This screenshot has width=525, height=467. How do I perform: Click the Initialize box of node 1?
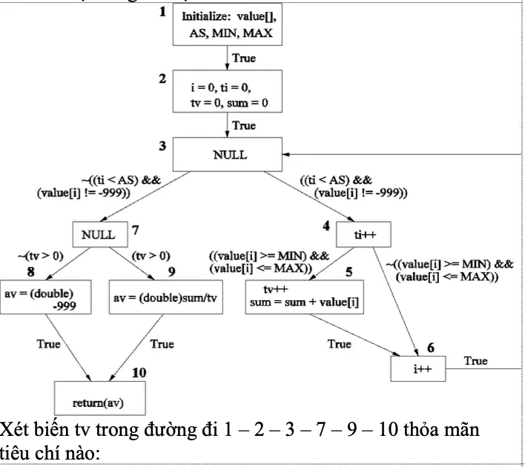click(228, 24)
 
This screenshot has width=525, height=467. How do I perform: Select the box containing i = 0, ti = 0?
click(228, 91)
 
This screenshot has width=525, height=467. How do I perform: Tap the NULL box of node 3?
click(228, 154)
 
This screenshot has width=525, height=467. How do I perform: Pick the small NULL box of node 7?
click(100, 234)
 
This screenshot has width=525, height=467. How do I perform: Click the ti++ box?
click(363, 234)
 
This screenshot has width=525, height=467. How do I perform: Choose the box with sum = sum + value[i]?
click(304, 297)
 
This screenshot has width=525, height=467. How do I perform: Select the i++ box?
click(418, 368)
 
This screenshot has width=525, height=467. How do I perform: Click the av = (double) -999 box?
click(45, 297)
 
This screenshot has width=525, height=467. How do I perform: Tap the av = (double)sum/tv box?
click(166, 297)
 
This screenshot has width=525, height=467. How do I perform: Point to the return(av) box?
click(100, 398)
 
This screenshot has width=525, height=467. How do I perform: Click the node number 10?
click(139, 373)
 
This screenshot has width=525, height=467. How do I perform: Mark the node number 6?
click(431, 348)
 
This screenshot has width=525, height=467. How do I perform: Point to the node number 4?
click(326, 226)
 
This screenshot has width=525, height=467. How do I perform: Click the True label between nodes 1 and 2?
click(244, 58)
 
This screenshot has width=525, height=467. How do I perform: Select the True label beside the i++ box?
click(476, 360)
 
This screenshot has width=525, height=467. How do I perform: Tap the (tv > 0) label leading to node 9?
click(151, 256)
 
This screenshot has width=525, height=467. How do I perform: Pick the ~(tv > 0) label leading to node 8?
click(41, 256)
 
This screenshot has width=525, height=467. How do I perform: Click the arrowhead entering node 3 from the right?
click(285, 154)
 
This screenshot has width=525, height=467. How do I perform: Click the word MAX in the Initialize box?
click(257, 33)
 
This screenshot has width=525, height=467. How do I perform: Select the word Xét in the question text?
click(14, 429)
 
